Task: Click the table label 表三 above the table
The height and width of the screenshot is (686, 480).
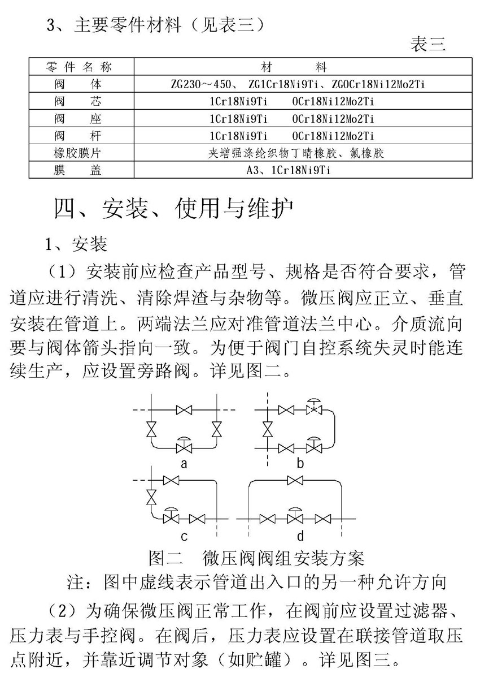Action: pos(428,45)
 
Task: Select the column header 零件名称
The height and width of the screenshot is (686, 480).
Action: pos(78,68)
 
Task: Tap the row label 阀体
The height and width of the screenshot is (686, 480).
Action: pos(78,85)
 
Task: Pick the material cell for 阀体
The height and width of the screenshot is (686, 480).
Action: pos(298,85)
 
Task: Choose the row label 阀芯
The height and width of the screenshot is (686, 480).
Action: pos(78,102)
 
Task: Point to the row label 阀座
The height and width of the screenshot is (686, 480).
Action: pos(78,119)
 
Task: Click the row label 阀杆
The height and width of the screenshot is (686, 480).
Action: pos(78,136)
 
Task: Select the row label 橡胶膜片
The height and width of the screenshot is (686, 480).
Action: pos(78,153)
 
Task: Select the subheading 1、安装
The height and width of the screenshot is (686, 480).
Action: pos(76,244)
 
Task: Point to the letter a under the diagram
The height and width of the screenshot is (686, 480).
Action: pos(183,464)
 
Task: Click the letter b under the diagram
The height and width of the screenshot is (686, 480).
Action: pos(300,464)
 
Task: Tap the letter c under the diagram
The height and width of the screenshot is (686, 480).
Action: pos(184,535)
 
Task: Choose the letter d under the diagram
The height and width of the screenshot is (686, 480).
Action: pos(300,535)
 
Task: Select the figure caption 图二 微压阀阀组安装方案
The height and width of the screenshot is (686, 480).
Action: pos(256,558)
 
